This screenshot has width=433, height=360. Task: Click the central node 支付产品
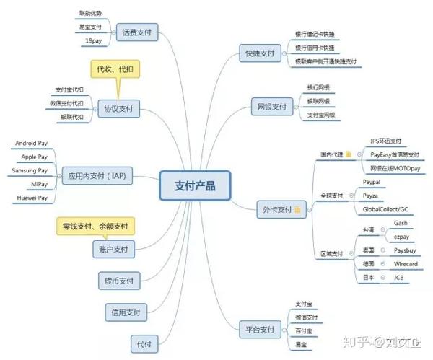(x=195, y=185)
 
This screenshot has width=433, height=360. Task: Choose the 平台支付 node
(x=258, y=330)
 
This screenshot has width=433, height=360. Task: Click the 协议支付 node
(x=118, y=108)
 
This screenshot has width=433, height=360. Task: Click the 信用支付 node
(x=125, y=312)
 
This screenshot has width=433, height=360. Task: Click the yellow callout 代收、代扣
(x=119, y=69)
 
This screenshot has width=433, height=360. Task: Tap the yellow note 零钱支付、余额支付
(x=95, y=227)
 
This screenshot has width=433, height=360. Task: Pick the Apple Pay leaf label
(x=34, y=157)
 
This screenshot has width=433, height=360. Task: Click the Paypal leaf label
(x=372, y=183)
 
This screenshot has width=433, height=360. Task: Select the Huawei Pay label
(x=32, y=197)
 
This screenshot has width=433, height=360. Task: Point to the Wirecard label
(x=406, y=264)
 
